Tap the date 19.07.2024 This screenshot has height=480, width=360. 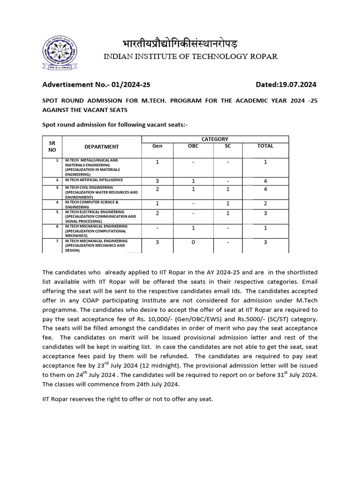click(296, 85)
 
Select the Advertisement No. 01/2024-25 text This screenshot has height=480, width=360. click(97, 85)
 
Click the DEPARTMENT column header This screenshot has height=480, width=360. click(102, 147)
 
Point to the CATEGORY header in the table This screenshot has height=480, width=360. click(215, 139)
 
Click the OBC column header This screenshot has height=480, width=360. click(193, 146)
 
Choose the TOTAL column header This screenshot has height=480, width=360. click(265, 146)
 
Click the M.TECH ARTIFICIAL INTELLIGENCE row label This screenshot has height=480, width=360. click(94, 180)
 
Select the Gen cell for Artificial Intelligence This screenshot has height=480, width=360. click(157, 181)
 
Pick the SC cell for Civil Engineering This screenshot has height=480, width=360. click(227, 189)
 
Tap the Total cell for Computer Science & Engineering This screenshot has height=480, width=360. click(265, 204)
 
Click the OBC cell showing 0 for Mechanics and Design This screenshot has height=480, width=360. click(193, 242)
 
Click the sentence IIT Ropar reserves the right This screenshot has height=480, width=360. click(127, 399)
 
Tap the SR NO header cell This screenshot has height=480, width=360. click(52, 146)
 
